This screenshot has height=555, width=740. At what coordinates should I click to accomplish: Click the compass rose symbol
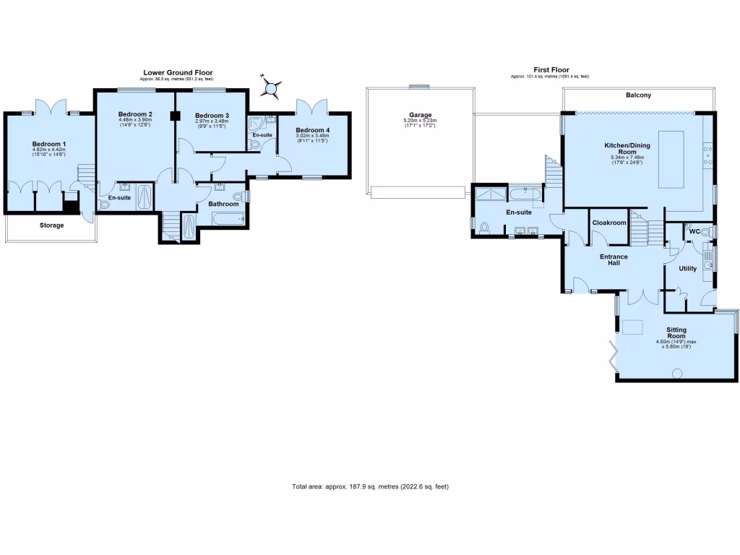(x=272, y=88)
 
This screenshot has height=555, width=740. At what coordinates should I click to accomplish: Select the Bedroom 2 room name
(x=135, y=114)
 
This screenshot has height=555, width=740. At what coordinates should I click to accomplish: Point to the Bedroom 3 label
(x=212, y=116)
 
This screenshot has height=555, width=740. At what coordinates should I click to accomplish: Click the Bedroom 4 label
(x=312, y=130)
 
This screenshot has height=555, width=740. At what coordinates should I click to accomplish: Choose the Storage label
(x=51, y=225)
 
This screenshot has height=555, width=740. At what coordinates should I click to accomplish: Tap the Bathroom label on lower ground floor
(x=223, y=204)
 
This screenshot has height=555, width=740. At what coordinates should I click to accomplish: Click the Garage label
(x=420, y=115)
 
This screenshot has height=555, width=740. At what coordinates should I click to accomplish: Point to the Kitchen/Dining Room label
(x=627, y=149)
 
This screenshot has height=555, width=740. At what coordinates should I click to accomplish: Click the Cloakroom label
(x=608, y=223)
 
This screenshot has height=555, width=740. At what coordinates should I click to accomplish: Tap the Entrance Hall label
(x=614, y=259)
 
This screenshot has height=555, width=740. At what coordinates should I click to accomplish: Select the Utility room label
(x=687, y=268)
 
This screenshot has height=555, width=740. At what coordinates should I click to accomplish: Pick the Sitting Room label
(x=676, y=332)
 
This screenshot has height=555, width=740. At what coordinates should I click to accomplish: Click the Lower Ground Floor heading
(x=178, y=72)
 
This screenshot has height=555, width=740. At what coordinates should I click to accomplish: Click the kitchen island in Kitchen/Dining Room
(x=671, y=158)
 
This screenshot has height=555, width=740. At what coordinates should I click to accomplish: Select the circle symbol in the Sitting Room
(x=677, y=373)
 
